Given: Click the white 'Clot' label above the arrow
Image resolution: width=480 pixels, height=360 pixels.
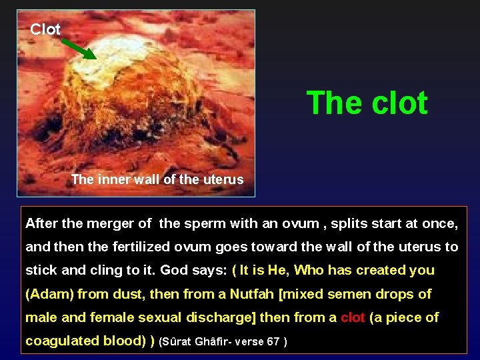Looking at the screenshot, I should [x=45, y=29].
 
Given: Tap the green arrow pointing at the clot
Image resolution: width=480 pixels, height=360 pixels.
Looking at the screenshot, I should [x=80, y=49].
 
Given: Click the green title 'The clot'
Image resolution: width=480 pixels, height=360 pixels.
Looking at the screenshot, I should [x=367, y=103].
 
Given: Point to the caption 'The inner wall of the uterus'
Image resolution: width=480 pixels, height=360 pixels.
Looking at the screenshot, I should [x=157, y=179].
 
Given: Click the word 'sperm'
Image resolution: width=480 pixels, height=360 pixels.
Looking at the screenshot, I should [x=203, y=223].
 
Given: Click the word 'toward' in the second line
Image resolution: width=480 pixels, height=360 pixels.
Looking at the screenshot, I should [x=287, y=247].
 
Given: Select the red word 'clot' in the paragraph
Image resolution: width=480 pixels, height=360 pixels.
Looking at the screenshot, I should [x=353, y=317].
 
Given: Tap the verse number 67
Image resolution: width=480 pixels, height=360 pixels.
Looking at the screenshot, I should [x=273, y=341].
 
